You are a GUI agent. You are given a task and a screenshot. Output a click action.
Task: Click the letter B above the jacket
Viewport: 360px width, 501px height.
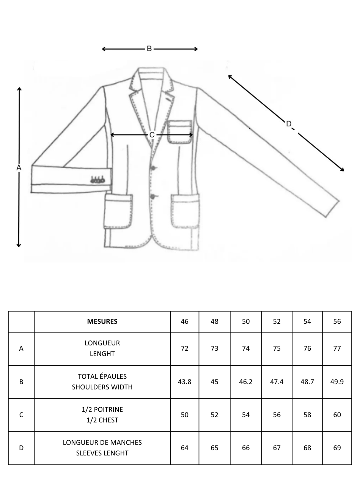[x=149, y=49]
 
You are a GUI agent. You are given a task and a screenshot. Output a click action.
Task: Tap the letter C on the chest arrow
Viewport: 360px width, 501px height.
[x=152, y=135]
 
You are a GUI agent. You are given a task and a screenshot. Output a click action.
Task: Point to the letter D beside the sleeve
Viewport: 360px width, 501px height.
[x=289, y=124]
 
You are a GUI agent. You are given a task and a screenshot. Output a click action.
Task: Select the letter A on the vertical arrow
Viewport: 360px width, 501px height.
[x=19, y=167]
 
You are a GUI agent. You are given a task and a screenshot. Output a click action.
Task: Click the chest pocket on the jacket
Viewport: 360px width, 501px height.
[x=180, y=132]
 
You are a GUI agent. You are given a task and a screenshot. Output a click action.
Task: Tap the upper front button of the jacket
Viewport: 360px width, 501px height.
[x=154, y=168]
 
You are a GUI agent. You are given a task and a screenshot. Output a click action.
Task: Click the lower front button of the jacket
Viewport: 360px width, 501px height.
[x=153, y=197]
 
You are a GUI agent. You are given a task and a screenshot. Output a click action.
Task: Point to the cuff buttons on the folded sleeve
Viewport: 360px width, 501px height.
[x=97, y=180]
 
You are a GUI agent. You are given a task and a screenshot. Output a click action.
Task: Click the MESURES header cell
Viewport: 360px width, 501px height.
[x=102, y=321]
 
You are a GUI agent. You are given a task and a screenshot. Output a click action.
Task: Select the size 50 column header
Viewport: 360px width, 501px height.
[x=246, y=321]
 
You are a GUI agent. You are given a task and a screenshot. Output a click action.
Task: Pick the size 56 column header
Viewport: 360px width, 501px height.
[x=337, y=321]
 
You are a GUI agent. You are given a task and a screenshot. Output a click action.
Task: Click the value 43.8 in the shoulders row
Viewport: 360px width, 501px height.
[x=184, y=381]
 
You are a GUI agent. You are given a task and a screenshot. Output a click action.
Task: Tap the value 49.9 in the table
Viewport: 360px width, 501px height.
[x=337, y=381]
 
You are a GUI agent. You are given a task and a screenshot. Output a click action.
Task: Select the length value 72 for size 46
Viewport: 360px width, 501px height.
[x=184, y=348]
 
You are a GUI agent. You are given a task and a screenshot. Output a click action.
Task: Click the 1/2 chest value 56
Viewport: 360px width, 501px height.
[x=277, y=415]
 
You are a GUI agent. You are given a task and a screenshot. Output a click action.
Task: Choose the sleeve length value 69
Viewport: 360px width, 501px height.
[x=337, y=448]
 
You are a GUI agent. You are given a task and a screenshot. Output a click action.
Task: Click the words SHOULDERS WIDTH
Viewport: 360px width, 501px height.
[x=102, y=387]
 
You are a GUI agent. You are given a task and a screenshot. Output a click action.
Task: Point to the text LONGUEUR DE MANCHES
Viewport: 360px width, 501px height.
[x=102, y=443]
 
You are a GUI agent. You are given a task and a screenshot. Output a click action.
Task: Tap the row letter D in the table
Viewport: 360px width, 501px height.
[x=21, y=448]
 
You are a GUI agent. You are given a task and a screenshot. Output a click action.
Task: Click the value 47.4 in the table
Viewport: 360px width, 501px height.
[x=277, y=381]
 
